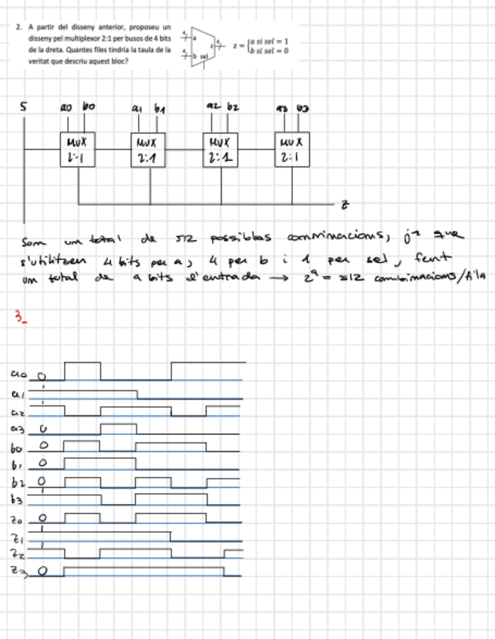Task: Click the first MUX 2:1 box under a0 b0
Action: tap(78, 149)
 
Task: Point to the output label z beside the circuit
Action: tap(344, 204)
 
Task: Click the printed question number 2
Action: tap(17, 26)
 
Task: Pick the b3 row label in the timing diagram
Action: tap(18, 499)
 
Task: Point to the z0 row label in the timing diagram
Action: tap(18, 518)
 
